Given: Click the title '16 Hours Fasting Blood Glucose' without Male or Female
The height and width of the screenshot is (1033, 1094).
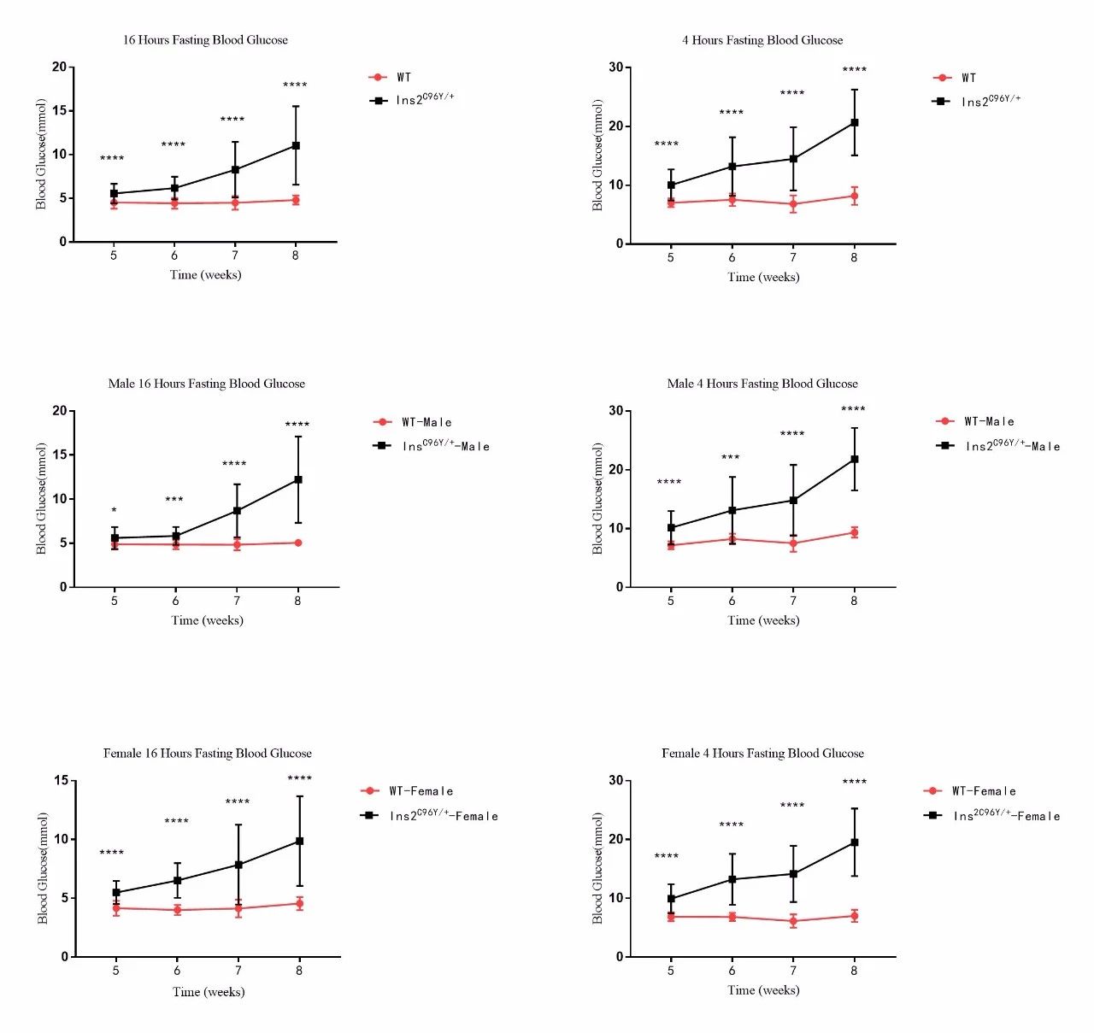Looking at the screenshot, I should click(205, 40).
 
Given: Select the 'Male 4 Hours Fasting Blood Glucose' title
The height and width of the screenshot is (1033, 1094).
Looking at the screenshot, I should click(762, 384).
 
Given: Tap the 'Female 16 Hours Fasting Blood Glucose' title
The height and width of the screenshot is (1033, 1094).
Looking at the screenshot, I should click(208, 753).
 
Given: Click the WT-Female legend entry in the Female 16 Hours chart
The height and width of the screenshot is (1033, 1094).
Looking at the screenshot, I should click(409, 791).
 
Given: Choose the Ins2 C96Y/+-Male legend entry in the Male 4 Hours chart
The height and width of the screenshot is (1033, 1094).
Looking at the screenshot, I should click(999, 446).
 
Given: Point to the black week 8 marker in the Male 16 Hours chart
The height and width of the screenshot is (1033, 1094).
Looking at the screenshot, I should click(298, 479).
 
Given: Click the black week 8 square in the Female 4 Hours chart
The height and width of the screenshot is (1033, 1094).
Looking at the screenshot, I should click(854, 842).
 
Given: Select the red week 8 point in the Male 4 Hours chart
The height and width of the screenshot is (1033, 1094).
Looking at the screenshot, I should click(854, 532).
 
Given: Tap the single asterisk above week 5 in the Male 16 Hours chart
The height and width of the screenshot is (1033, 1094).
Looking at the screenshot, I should click(115, 511).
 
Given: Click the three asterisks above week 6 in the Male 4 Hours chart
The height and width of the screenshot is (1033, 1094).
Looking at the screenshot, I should click(731, 458).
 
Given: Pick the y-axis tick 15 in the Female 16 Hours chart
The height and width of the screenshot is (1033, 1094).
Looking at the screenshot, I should click(61, 780).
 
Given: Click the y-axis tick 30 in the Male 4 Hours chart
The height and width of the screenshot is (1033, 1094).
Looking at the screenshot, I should click(615, 411).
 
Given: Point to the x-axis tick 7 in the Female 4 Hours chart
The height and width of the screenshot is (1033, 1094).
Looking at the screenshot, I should click(793, 971).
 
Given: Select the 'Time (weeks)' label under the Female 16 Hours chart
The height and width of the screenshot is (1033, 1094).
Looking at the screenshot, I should click(209, 991).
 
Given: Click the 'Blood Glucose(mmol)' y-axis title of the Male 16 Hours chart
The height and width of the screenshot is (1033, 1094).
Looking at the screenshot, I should click(41, 499).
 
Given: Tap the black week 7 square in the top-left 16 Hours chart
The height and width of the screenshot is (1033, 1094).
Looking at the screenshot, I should click(235, 169).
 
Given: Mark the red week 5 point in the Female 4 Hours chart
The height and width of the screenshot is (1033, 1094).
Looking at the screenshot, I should click(671, 917).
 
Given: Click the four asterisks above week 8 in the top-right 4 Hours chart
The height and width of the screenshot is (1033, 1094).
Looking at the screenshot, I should click(854, 70).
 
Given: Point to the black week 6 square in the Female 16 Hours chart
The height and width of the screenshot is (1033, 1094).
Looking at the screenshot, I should click(177, 880).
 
